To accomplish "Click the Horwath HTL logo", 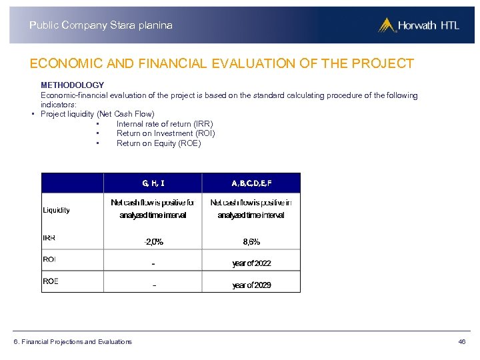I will tap(419, 25).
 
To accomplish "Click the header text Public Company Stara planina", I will tap(101, 25).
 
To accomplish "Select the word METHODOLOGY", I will tap(72, 85).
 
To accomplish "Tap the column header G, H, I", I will tap(153, 182).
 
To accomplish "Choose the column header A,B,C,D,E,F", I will tap(251, 182).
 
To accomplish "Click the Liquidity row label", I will tap(56, 210).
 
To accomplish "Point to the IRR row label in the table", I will tap(49, 238).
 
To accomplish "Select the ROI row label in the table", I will tap(49, 259).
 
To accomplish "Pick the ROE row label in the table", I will tap(50, 281).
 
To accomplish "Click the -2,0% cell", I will tap(153, 242).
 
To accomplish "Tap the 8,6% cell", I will tap(251, 242).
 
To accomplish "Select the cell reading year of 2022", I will tap(251, 263).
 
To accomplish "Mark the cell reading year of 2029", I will tap(251, 285).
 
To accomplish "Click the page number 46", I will tap(462, 342).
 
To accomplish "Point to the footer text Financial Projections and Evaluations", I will tap(77, 342).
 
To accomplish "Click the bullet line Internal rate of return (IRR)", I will tap(165, 124).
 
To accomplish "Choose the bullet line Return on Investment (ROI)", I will tap(165, 133).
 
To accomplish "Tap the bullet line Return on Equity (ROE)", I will tap(159, 143).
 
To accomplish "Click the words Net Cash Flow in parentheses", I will tap(127, 114).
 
